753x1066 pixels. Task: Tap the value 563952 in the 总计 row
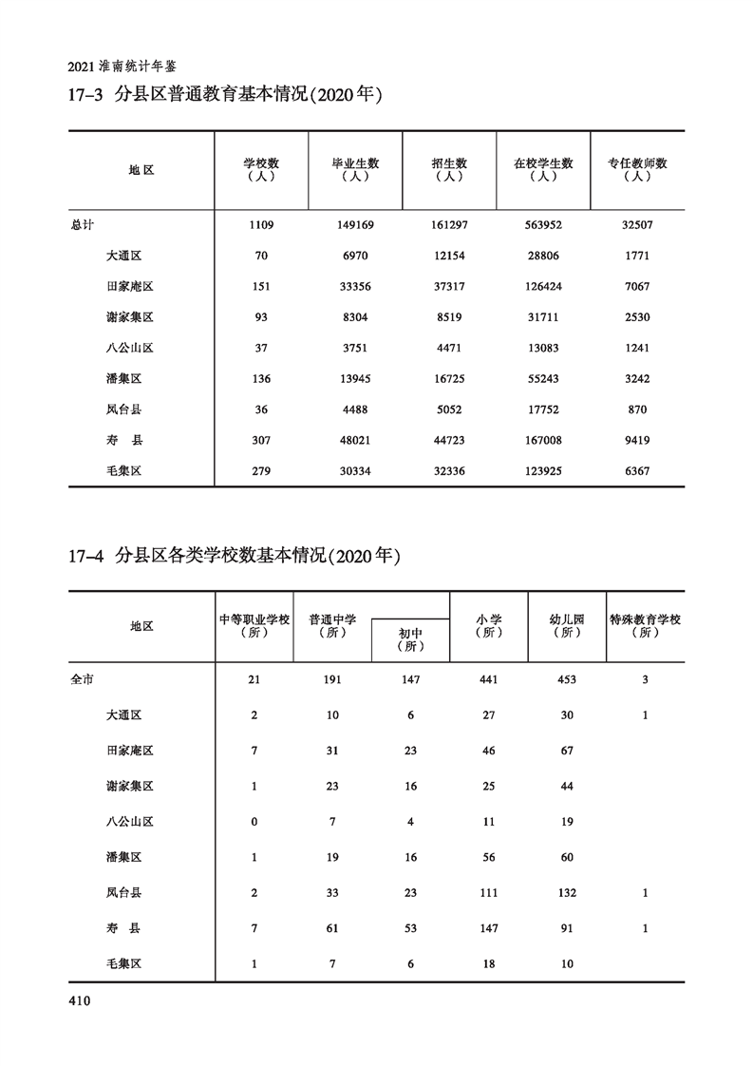pyautogui.click(x=543, y=225)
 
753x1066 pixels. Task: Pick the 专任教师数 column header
pyautogui.click(x=637, y=169)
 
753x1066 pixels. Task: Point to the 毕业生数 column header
pyautogui.click(x=355, y=169)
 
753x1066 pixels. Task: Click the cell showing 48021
pyautogui.click(x=355, y=440)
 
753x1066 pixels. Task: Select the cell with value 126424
pyautogui.click(x=543, y=286)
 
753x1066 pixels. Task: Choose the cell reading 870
pyautogui.click(x=637, y=409)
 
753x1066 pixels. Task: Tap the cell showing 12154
pyautogui.click(x=449, y=256)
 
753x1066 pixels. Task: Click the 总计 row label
pyautogui.click(x=84, y=225)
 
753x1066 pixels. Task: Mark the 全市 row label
pyautogui.click(x=84, y=680)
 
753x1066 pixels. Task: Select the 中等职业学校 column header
pyautogui.click(x=254, y=625)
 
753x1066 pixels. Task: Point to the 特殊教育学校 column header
pyautogui.click(x=645, y=625)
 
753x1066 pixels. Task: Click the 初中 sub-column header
pyautogui.click(x=410, y=638)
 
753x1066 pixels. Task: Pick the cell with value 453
pyautogui.click(x=567, y=680)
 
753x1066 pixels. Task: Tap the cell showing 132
pyautogui.click(x=567, y=893)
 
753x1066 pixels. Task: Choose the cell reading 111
pyautogui.click(x=489, y=893)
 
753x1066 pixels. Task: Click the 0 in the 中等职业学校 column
pyautogui.click(x=254, y=821)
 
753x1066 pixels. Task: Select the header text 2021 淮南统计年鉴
pyautogui.click(x=123, y=67)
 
